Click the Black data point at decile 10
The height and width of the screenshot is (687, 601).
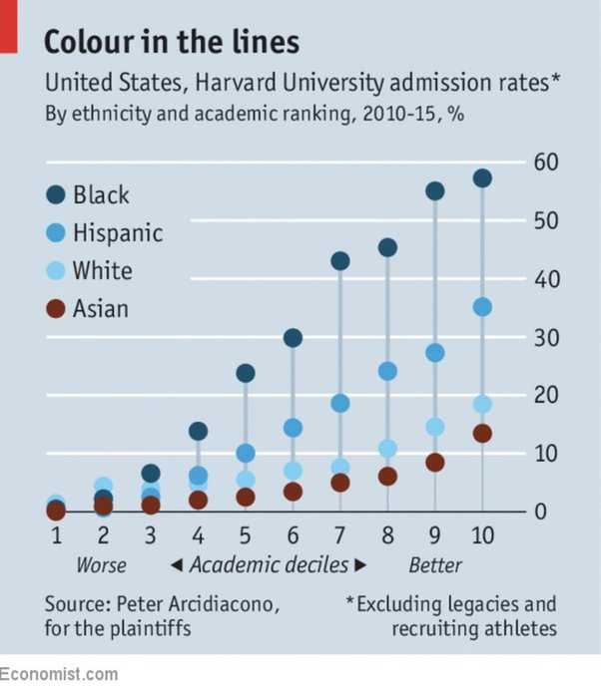(482, 178)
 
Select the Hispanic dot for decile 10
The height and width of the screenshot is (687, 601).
(482, 307)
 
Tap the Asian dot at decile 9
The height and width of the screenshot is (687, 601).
(435, 463)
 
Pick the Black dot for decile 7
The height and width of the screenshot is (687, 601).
(340, 261)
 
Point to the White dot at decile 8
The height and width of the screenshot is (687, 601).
(387, 449)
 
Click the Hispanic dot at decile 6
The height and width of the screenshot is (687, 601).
(293, 428)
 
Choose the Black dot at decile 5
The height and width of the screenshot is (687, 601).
(246, 373)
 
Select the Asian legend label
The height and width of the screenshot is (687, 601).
(100, 308)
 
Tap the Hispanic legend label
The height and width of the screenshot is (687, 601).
(117, 233)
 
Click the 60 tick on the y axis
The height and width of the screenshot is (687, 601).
(545, 163)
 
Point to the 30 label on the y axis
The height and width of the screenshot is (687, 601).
(545, 337)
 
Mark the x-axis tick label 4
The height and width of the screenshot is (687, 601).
(198, 536)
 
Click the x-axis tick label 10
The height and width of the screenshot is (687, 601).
(482, 536)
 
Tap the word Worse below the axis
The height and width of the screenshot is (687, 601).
(102, 565)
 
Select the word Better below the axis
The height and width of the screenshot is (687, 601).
(435, 565)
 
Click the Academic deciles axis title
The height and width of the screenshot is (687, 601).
(269, 565)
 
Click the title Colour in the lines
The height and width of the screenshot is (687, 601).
(171, 43)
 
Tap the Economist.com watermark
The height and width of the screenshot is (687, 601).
(59, 675)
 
